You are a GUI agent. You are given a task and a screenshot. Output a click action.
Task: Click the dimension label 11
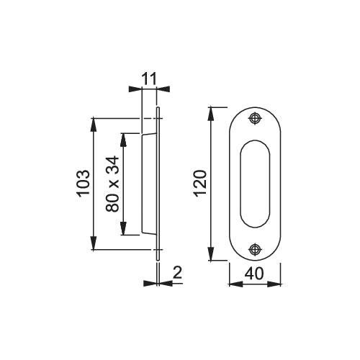point(149,78)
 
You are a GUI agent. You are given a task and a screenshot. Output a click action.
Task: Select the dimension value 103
point(84,184)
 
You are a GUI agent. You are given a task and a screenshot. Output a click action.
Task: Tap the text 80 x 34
point(112,184)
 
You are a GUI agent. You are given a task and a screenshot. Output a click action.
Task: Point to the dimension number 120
point(200,184)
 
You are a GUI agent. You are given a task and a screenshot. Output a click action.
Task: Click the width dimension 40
point(254,274)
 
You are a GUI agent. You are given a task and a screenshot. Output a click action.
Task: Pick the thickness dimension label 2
point(177,272)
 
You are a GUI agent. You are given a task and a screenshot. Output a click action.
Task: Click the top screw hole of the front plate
point(255,118)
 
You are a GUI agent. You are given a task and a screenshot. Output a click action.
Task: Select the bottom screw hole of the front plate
point(255,249)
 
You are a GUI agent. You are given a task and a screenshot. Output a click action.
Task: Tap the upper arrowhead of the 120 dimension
point(211,114)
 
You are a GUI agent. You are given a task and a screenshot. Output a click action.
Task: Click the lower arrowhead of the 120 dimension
point(211,253)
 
